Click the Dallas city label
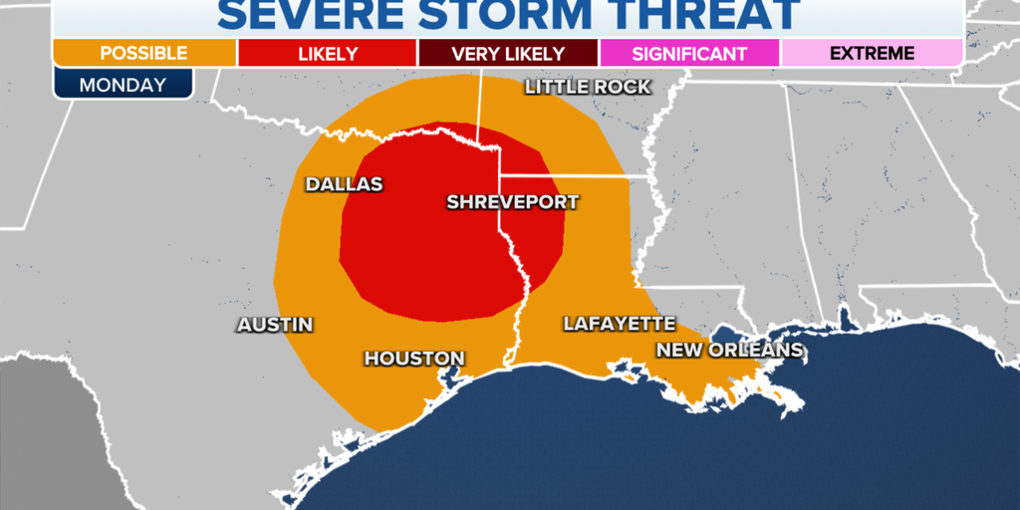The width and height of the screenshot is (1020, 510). tap(344, 184)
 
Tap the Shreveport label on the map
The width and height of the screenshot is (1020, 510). tap(512, 202)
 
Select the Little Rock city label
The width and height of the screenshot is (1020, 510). tap(588, 87)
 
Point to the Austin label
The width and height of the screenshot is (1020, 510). tap(275, 325)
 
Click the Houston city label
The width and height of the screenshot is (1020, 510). tap(414, 358)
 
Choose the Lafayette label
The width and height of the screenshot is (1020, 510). tap(619, 324)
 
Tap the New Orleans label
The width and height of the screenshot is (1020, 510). tap(728, 350)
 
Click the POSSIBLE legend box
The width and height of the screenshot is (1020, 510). tap(144, 54)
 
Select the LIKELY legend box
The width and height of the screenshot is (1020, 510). tap(327, 54)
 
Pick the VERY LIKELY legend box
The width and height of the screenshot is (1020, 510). tap(508, 54)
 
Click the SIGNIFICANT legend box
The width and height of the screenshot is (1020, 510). tap(689, 54)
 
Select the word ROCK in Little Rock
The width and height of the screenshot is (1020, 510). tap(621, 87)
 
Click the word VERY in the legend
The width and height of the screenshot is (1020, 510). tap(474, 54)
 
